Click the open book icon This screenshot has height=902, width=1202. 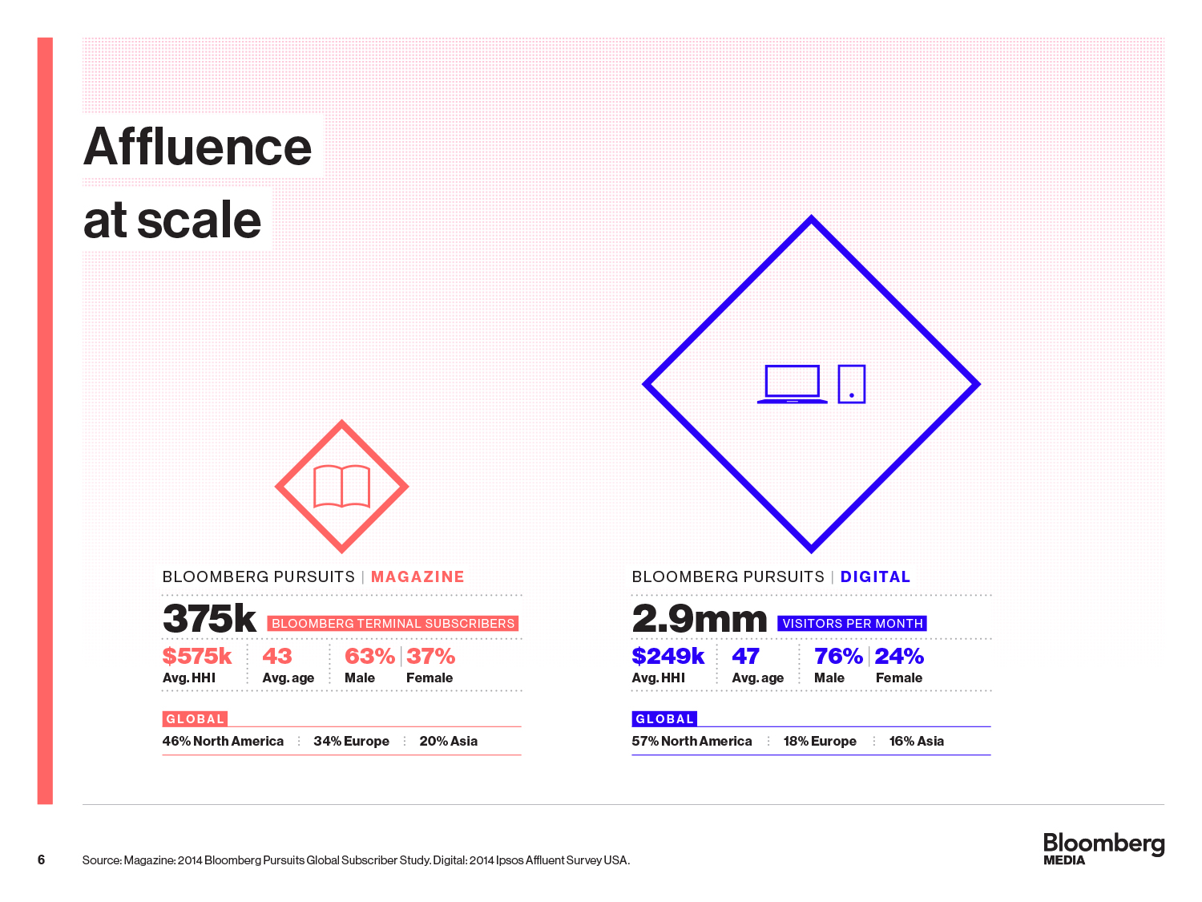tap(342, 486)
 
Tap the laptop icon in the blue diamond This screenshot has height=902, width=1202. tap(792, 384)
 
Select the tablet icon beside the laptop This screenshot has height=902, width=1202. tap(851, 384)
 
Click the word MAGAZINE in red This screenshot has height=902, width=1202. tap(417, 577)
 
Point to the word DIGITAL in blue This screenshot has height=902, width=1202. tap(875, 577)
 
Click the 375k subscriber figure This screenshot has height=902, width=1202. tap(209, 619)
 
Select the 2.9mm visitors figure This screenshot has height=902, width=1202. tap(699, 619)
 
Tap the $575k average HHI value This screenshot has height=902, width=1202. tap(197, 657)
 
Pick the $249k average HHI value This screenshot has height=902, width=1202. tap(668, 657)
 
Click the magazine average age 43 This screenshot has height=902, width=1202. tap(277, 657)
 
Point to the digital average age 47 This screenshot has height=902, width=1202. tap(746, 657)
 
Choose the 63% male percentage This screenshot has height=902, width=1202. tap(369, 657)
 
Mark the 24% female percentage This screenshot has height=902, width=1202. tap(899, 657)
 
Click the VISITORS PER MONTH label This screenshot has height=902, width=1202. tap(853, 624)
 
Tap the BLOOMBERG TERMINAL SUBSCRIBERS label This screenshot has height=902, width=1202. tap(393, 624)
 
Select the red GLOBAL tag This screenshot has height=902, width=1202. tap(195, 719)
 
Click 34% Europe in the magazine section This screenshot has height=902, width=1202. tap(351, 742)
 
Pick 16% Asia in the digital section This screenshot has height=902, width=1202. tap(917, 742)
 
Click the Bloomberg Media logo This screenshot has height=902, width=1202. tap(1103, 848)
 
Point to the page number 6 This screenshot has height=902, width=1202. tap(41, 860)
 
